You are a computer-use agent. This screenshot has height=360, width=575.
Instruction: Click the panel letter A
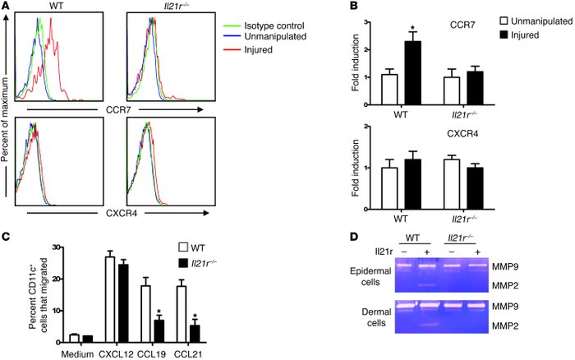7,7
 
